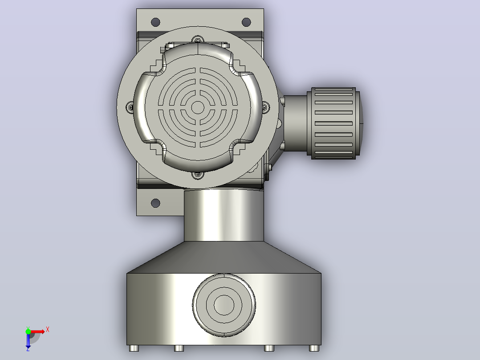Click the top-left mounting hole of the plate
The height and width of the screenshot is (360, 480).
click(x=155, y=22)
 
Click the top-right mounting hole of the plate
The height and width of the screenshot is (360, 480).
click(x=246, y=22)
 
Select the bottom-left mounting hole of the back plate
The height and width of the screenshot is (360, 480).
click(x=155, y=203)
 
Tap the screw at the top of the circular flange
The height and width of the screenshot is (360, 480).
click(x=198, y=40)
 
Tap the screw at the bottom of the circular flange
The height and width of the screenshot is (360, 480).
click(x=198, y=175)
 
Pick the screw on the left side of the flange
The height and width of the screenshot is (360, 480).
click(x=130, y=107)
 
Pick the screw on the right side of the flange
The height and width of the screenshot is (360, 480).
click(x=265, y=107)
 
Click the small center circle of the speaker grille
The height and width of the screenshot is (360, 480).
click(x=198, y=107)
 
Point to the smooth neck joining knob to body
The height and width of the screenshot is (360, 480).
click(x=295, y=123)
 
